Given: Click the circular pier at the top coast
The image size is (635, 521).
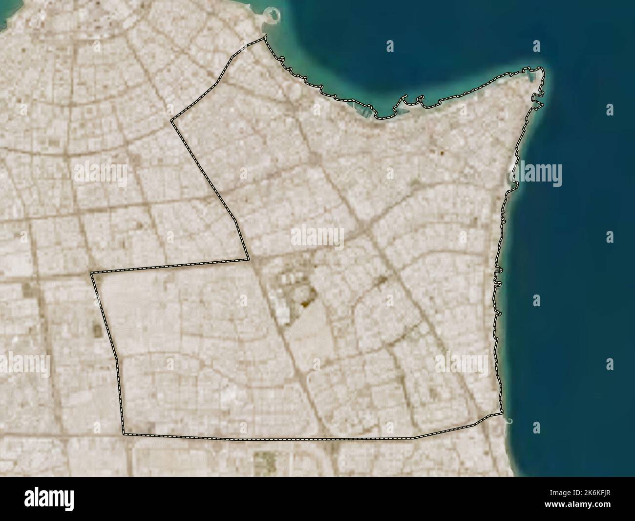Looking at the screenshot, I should pos(270,15).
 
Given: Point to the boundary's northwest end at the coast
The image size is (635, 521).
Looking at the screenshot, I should pos(265,36).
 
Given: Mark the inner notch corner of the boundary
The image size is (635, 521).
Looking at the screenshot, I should pos(249,259).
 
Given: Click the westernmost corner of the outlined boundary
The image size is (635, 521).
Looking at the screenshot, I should pos(91,272).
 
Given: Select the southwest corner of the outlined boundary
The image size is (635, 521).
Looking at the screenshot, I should pos(123,433).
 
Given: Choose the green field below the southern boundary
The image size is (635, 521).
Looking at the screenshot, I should pos(264,460).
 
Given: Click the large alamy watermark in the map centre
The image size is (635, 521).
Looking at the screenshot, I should pos(317,237).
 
